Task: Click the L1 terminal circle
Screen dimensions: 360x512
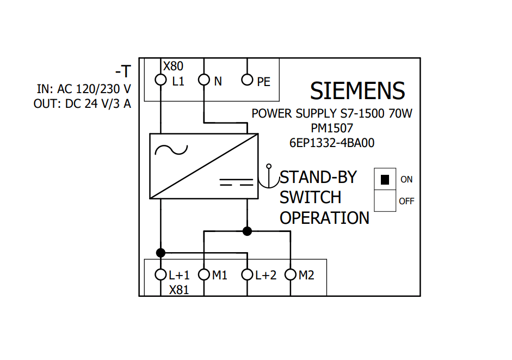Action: tap(161, 81)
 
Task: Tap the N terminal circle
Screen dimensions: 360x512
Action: tap(203, 81)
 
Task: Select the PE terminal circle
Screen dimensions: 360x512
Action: tap(247, 81)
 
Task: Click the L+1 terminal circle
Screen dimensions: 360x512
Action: tap(161, 274)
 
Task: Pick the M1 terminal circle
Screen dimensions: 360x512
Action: tap(203, 274)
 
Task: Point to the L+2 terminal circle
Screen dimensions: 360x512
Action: tap(247, 274)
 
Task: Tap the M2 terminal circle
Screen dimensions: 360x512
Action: tap(291, 274)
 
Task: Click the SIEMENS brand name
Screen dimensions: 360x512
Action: tap(357, 90)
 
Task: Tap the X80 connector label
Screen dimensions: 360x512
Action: tap(174, 66)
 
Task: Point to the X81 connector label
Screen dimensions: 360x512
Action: tap(179, 290)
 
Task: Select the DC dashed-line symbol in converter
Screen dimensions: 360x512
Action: tap(237, 181)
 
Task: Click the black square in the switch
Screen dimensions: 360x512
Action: tap(385, 179)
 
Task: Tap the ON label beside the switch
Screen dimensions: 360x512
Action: tap(406, 179)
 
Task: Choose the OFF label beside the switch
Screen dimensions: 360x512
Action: tap(406, 201)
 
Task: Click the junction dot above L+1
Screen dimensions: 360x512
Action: tap(161, 252)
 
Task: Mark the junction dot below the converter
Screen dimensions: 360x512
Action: tap(247, 231)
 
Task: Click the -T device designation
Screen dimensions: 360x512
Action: tap(122, 71)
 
